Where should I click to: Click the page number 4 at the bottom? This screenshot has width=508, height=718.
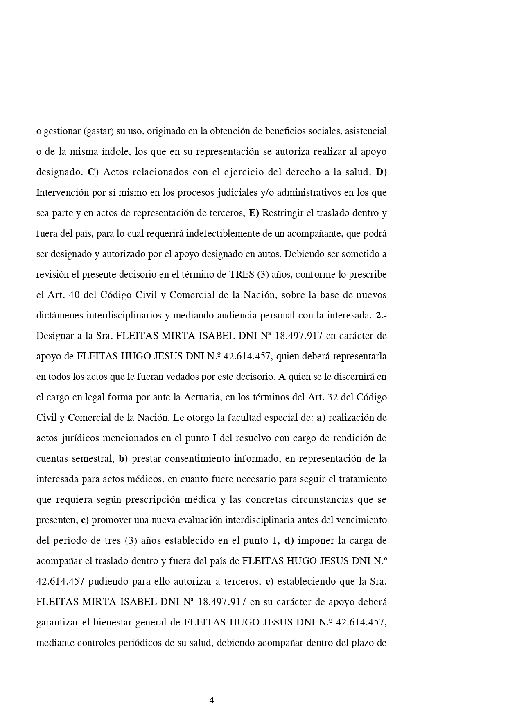point(211,700)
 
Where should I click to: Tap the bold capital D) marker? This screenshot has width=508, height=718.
point(381,172)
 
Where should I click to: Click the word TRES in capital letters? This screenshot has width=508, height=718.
point(242,275)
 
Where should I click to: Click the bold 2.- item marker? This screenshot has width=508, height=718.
point(381,316)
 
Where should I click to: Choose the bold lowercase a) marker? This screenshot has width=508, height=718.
point(321,418)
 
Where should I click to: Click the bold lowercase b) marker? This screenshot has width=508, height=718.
point(123,459)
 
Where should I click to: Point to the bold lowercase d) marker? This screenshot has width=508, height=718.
point(289,541)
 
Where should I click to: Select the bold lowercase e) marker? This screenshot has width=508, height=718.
point(269,582)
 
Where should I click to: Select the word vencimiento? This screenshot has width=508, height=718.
point(361,520)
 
